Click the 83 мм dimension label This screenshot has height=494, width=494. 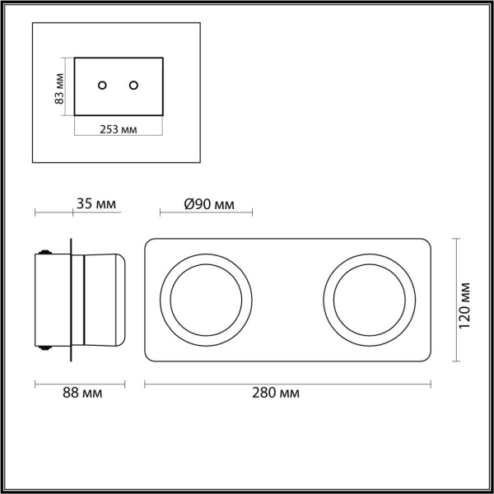(59, 89)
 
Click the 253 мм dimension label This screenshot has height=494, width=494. (119, 129)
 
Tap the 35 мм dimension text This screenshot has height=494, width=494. (96, 203)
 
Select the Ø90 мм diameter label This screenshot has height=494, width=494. (209, 204)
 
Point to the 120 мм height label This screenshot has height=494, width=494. (464, 305)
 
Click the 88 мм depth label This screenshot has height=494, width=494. (82, 393)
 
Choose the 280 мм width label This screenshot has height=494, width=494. (276, 393)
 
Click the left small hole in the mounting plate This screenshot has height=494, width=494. (102, 85)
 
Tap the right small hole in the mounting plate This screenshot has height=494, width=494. (133, 85)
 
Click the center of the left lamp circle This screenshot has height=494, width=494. (206, 300)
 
